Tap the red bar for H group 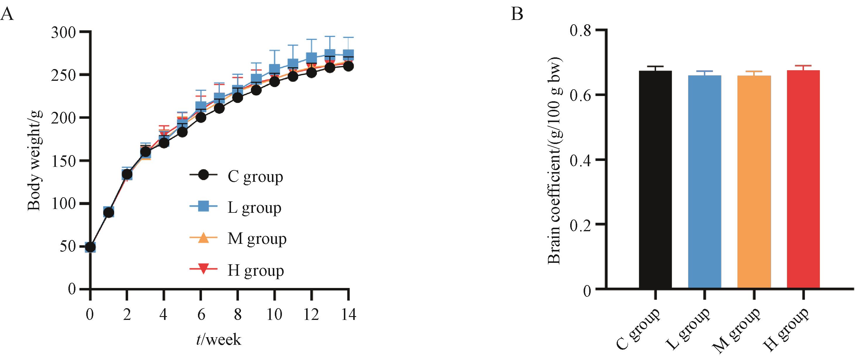(803, 179)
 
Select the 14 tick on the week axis (348, 314)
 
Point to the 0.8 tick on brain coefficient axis (580, 30)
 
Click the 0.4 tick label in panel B (580, 160)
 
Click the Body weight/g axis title (34, 160)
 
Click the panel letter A (7, 15)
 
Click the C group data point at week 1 (108, 212)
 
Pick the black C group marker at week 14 (348, 66)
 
